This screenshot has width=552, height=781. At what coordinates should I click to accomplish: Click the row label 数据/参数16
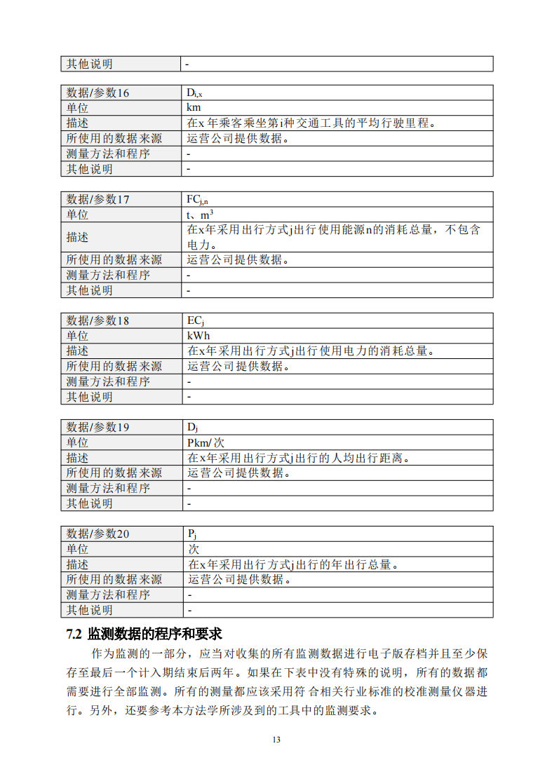coord(97,93)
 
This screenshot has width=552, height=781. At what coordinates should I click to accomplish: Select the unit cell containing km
coord(194,108)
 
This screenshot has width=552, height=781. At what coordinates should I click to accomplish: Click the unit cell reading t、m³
coord(201,215)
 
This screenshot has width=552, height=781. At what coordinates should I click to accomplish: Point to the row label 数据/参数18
coord(97,321)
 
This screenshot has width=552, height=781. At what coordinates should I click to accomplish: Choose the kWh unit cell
coord(198,336)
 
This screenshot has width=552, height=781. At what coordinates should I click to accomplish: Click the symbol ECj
coord(196,321)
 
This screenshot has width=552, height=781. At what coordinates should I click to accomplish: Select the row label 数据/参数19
coord(97,428)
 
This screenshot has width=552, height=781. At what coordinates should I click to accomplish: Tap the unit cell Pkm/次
coord(205,443)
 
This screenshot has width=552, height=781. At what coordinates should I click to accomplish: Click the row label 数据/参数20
coord(97,534)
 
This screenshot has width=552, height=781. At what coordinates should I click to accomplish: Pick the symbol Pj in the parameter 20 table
coord(191,534)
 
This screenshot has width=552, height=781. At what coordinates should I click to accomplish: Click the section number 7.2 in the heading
coord(74,634)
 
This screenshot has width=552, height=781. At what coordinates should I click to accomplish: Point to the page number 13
coord(276,740)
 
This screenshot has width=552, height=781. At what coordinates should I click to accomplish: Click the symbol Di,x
coord(194,93)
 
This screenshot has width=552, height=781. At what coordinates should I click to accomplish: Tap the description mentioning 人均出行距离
coord(298,458)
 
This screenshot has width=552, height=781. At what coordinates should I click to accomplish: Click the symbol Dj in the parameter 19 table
coord(191,428)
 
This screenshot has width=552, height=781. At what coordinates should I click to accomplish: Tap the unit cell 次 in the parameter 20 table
coord(193,549)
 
